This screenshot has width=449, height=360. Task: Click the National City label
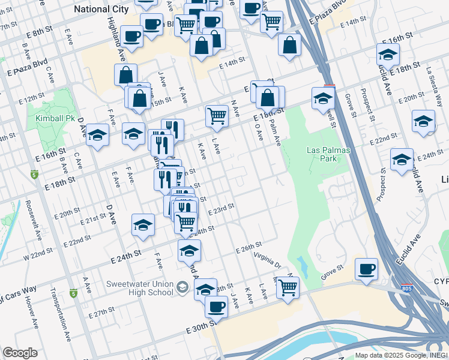pos(101,9)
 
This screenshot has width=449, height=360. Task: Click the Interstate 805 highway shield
pos(407,288)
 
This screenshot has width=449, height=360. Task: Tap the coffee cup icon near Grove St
pos(366,270)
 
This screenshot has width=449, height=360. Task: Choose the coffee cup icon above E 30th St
pos(216,307)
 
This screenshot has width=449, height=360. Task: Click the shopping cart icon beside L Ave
pos(216,116)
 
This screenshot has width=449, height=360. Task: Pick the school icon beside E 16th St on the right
pos(388,55)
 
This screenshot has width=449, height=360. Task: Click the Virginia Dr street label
pos(267,260)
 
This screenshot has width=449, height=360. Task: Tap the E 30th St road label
pos(200,329)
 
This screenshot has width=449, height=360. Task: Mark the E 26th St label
pos(249,247)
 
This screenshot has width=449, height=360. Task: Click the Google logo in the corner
pos(20,353)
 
